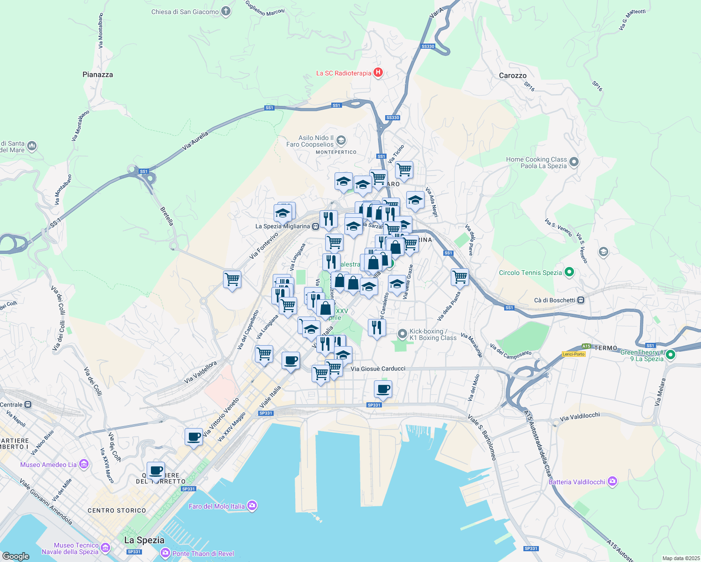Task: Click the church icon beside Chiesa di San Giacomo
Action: (x=226, y=11)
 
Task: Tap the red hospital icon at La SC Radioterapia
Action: (x=378, y=73)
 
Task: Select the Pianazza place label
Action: (x=97, y=74)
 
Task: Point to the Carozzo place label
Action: (x=513, y=75)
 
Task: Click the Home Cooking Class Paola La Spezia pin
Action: (x=574, y=163)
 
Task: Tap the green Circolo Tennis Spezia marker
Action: (x=569, y=272)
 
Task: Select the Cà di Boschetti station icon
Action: (x=581, y=300)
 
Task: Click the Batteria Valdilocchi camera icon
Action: (x=612, y=481)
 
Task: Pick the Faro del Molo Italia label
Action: (x=216, y=506)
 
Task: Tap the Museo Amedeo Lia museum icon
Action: (x=84, y=464)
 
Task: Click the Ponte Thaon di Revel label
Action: (x=203, y=554)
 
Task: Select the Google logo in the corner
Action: (x=15, y=556)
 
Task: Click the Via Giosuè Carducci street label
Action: (x=378, y=369)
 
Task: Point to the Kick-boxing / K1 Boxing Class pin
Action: (x=402, y=334)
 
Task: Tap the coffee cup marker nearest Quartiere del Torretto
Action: (x=156, y=471)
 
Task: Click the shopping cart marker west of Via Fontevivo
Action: (x=232, y=280)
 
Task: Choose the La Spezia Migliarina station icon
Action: (x=316, y=227)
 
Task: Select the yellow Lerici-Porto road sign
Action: (x=574, y=354)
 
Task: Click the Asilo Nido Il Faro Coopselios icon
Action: (x=341, y=140)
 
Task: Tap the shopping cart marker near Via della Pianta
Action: (x=460, y=277)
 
